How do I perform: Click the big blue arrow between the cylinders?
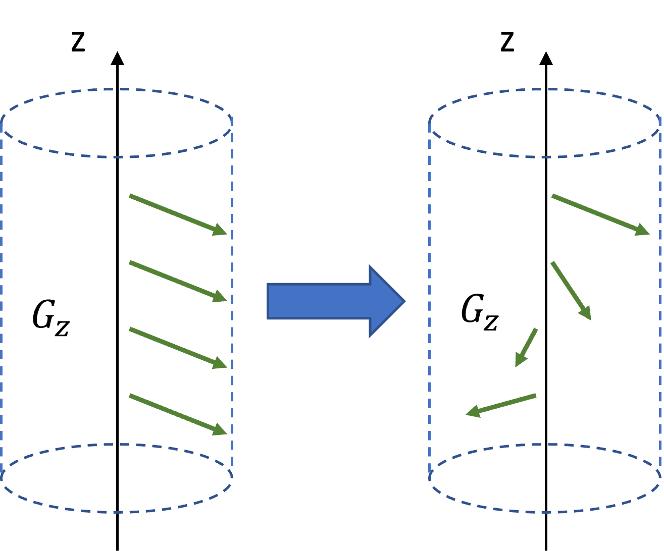tap(323, 301)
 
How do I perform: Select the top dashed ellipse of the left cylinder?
tap(116, 89)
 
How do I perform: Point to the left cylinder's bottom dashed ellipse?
tap(116, 512)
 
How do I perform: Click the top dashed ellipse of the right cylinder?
tap(544, 89)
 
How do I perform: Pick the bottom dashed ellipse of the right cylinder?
tap(544, 512)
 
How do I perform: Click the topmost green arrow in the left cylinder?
tap(177, 214)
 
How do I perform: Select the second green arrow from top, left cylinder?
tap(177, 281)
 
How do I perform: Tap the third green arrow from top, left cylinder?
tap(177, 348)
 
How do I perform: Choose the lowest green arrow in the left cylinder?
tap(177, 414)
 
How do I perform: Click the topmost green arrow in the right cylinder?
tap(599, 214)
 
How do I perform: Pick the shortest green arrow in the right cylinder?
tap(526, 347)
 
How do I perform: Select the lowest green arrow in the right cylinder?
tap(501, 405)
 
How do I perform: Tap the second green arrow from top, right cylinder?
tap(571, 290)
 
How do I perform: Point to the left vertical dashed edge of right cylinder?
tap(429, 303)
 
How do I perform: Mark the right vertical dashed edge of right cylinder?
tap(660, 303)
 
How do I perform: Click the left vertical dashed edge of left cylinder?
tap(2, 303)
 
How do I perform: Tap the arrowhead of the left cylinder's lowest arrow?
tap(221, 430)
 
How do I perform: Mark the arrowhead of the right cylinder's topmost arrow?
tap(643, 231)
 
